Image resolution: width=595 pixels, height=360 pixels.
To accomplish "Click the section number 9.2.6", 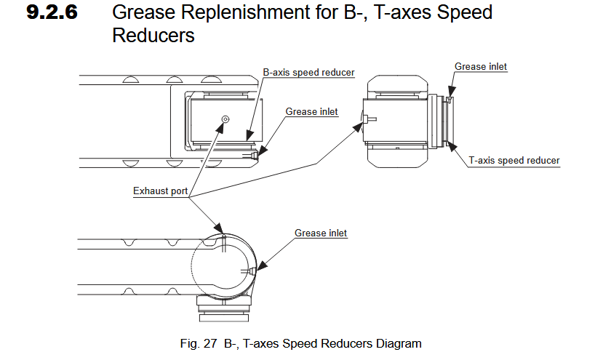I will coord(52,13).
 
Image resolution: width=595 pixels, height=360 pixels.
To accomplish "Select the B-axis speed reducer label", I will coord(308,73).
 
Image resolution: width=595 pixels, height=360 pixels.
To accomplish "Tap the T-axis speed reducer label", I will coord(514,160).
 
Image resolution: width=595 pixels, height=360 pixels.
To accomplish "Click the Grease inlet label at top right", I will coord(480,67).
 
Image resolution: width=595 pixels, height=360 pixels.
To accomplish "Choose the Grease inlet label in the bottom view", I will coord(321,233).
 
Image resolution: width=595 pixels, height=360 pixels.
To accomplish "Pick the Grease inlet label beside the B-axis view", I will coord(311,112).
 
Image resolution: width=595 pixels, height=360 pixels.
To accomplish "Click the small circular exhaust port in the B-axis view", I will coord(225,119).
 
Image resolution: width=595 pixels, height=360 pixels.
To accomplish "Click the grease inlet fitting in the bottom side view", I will coord(250,271).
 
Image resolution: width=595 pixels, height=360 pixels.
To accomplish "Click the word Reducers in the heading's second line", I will coord(153,35).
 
